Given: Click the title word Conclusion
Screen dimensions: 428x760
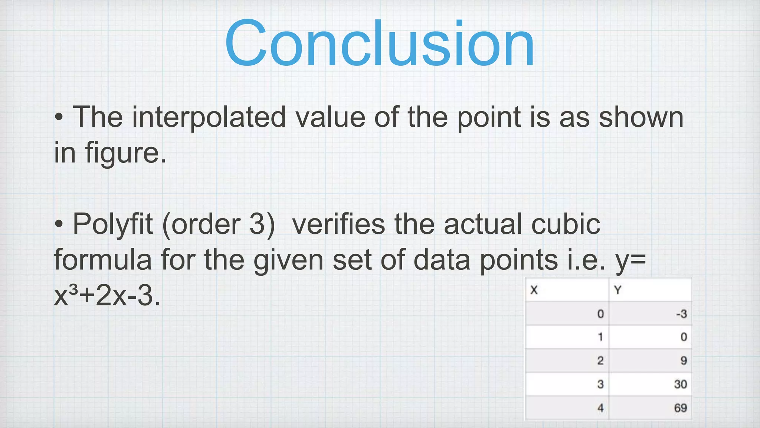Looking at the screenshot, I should [379, 44].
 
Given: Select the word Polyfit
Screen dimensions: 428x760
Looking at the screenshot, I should [112, 224].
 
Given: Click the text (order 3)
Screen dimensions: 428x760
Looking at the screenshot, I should [219, 224].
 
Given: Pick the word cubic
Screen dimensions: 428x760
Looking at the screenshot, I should [566, 224].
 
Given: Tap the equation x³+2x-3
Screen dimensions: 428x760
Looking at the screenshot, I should [107, 296].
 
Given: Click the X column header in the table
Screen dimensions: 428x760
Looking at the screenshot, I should [534, 290].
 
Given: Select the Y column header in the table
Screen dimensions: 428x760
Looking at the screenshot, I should [617, 290].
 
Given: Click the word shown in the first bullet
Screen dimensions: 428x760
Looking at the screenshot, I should [641, 117].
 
